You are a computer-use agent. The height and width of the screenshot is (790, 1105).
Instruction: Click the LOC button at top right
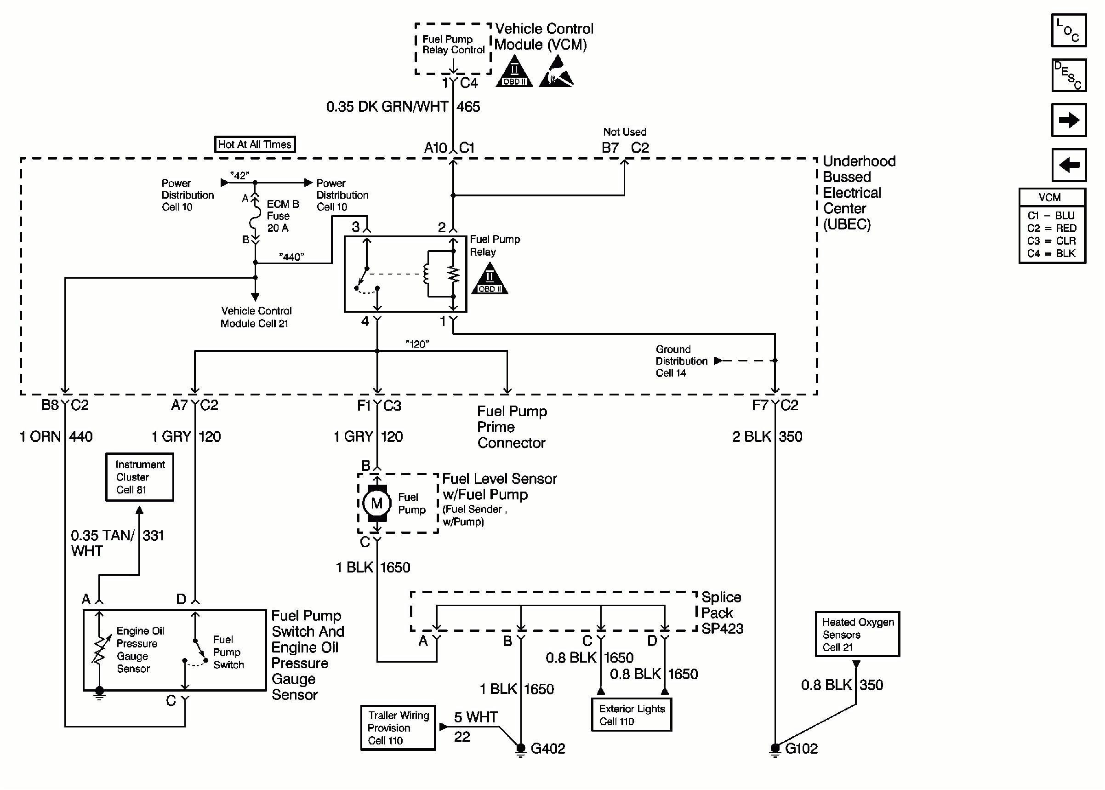[1068, 30]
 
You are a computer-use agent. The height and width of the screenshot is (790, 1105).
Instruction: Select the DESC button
[1068, 75]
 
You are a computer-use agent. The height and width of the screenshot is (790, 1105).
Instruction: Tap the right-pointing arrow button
[1068, 120]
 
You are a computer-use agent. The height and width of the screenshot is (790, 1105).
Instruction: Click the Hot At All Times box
[254, 144]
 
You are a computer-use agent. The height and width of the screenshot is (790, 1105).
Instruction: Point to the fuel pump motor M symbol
[377, 504]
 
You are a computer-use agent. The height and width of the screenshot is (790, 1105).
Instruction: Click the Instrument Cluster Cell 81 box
[140, 477]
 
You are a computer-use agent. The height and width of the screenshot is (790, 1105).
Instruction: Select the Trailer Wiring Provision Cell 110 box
[398, 728]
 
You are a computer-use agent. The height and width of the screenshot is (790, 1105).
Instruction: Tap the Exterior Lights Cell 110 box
[631, 715]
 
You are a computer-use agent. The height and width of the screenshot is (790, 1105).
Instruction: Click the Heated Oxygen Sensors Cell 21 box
[857, 634]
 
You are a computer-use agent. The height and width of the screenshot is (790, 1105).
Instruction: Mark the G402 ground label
[547, 749]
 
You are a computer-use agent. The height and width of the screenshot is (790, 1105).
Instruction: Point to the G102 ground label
[801, 749]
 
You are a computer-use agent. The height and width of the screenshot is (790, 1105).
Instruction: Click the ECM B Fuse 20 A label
[282, 216]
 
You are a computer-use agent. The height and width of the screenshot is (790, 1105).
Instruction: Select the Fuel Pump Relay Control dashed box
[453, 48]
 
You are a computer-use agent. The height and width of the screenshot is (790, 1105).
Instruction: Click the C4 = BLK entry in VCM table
[1051, 253]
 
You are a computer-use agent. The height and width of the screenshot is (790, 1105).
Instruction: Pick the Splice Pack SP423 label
[722, 613]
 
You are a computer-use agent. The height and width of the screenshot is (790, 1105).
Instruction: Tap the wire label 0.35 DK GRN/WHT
[387, 107]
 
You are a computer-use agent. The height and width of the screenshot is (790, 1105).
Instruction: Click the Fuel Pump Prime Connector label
[512, 427]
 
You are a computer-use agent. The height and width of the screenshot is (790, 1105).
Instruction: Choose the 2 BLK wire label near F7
[751, 436]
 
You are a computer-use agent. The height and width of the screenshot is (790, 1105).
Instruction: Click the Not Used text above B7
[624, 132]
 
